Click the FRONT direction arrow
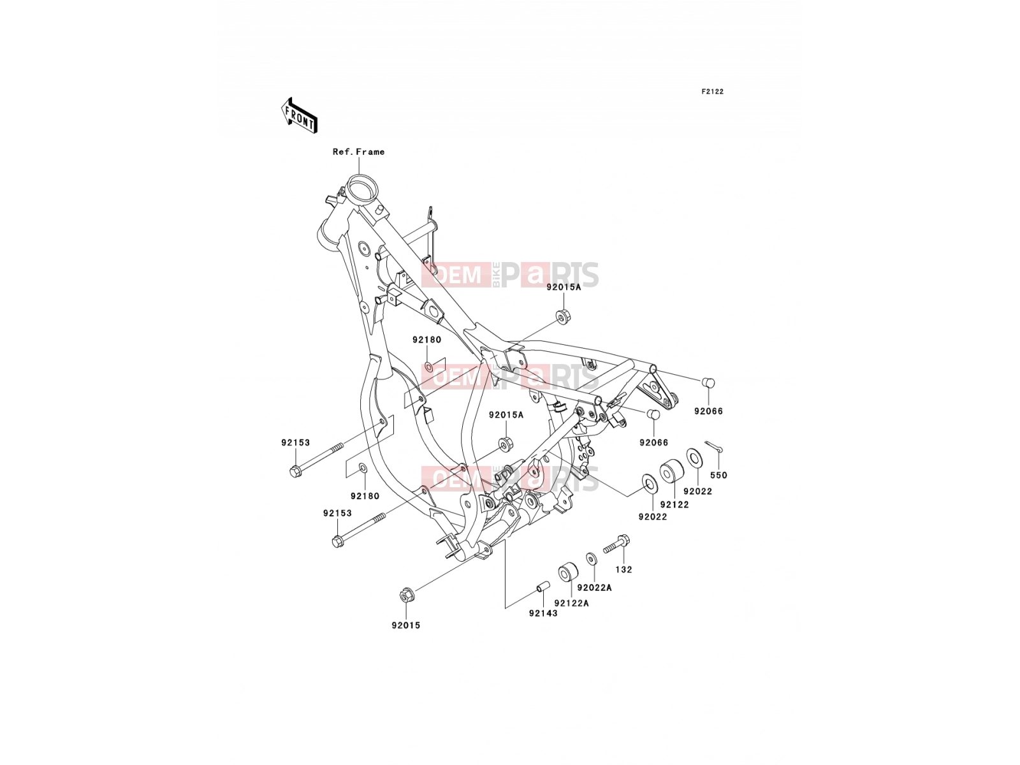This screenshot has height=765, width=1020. pyautogui.click(x=299, y=115)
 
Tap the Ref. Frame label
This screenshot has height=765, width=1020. pyautogui.click(x=358, y=152)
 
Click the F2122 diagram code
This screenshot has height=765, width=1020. pyautogui.click(x=712, y=92)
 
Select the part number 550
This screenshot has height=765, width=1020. pyautogui.click(x=718, y=475)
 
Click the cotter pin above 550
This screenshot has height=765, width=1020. pyautogui.click(x=714, y=446)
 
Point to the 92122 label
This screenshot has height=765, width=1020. pyautogui.click(x=674, y=504)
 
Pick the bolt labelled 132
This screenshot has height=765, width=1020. pyautogui.click(x=616, y=544)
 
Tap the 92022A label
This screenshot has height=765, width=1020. pyautogui.click(x=594, y=588)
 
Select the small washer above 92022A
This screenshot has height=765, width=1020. pyautogui.click(x=592, y=558)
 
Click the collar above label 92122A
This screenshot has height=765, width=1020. pyautogui.click(x=568, y=572)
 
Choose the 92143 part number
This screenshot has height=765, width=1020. pyautogui.click(x=543, y=613)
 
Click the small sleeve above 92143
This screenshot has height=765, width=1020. pyautogui.click(x=543, y=586)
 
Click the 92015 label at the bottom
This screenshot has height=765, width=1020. pyautogui.click(x=405, y=625)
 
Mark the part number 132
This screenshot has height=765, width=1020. pyautogui.click(x=623, y=569)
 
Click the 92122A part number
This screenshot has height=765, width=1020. pyautogui.click(x=571, y=603)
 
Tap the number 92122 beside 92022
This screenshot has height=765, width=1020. pyautogui.click(x=674, y=504)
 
